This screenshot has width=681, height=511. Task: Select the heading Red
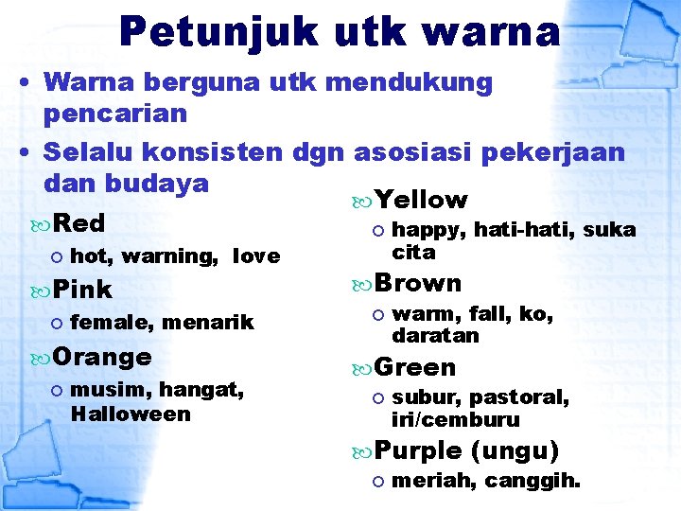(x=79, y=224)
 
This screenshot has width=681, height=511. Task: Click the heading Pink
(x=82, y=290)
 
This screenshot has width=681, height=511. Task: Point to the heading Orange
(x=102, y=358)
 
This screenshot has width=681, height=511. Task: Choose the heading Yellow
(x=421, y=200)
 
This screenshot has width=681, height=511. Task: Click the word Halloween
(x=131, y=414)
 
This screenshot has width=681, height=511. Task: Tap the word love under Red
(x=255, y=255)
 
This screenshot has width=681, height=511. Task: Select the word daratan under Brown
(x=435, y=336)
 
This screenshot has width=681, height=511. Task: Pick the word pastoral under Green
(x=519, y=398)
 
